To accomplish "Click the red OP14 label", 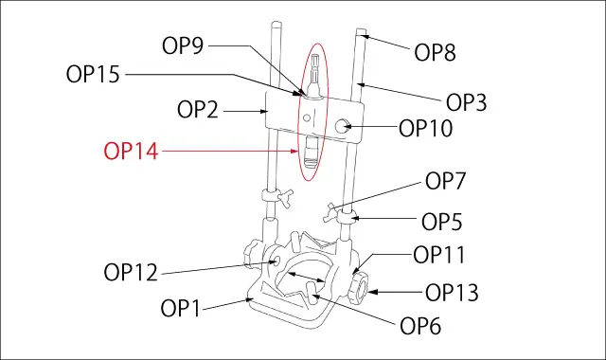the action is pyautogui.click(x=131, y=152).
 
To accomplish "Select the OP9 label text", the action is pyautogui.click(x=183, y=46).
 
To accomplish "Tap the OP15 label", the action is pyautogui.click(x=93, y=74).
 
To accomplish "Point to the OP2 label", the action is pyautogui.click(x=198, y=110).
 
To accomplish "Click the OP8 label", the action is pyautogui.click(x=435, y=52).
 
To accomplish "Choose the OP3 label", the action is pyautogui.click(x=467, y=102).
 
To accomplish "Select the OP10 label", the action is pyautogui.click(x=425, y=129).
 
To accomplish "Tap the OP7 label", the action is pyautogui.click(x=446, y=181).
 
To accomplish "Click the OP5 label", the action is pyautogui.click(x=442, y=222).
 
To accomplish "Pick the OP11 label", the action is pyautogui.click(x=439, y=255).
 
